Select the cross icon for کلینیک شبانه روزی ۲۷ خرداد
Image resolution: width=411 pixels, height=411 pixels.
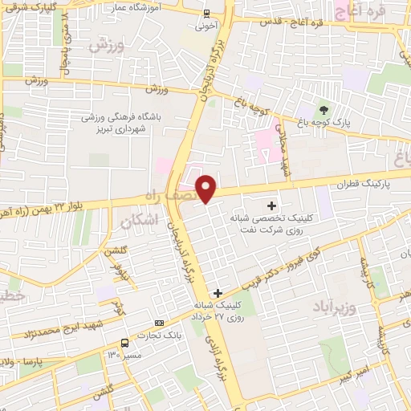tap(218, 294)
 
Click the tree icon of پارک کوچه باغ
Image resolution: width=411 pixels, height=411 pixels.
tap(324, 110)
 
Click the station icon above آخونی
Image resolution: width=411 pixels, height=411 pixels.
tap(206, 14)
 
